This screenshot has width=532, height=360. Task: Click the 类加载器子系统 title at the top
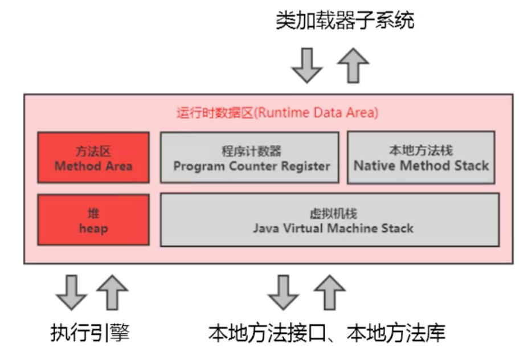(x=345, y=21)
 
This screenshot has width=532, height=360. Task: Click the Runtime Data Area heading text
(x=277, y=113)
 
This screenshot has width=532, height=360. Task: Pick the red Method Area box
(x=93, y=158)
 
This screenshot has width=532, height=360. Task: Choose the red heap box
(x=93, y=220)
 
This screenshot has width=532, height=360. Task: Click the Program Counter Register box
(x=251, y=158)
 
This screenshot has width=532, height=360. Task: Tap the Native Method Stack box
(x=421, y=158)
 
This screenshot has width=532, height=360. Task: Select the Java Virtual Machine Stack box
(x=330, y=220)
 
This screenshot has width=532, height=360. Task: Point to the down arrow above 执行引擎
(x=71, y=292)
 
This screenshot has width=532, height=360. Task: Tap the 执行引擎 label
(x=89, y=332)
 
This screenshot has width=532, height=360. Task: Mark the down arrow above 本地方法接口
(x=283, y=292)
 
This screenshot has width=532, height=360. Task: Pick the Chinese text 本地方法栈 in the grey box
(x=421, y=150)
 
